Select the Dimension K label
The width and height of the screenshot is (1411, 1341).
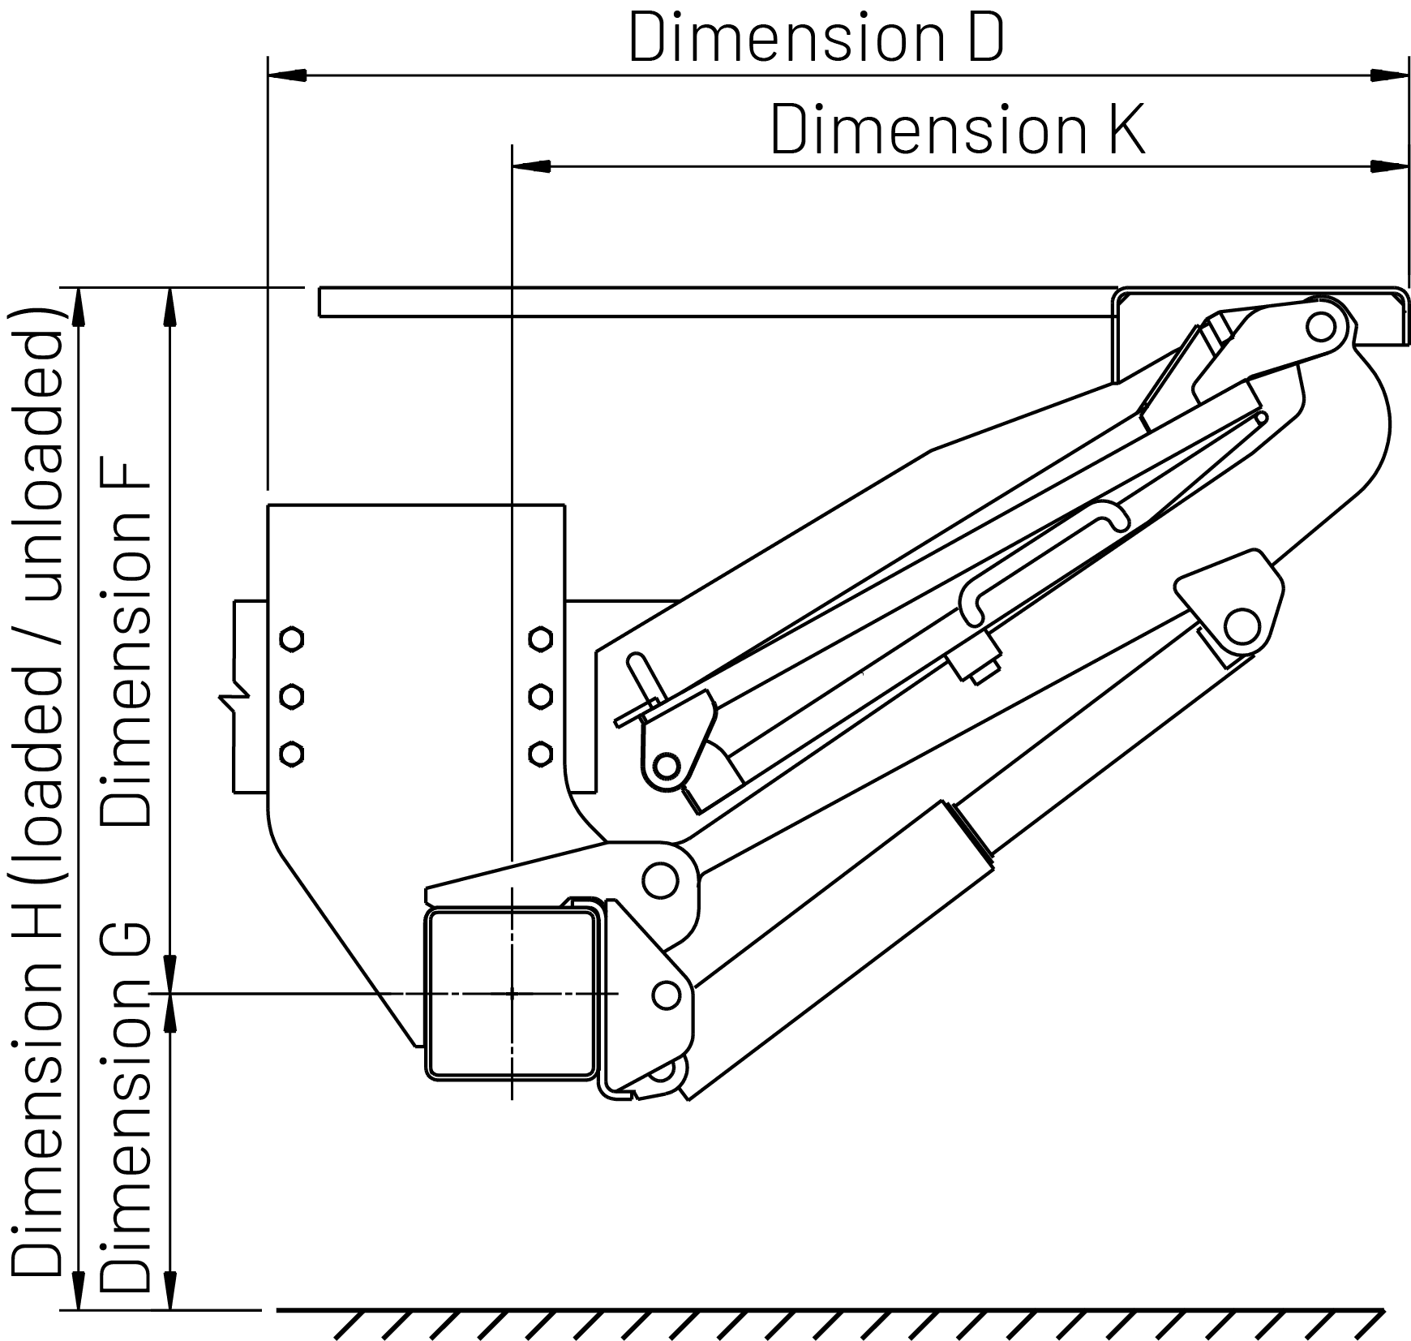tap(958, 129)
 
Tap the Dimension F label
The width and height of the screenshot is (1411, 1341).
tap(125, 646)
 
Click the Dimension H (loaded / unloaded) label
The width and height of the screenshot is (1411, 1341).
tap(36, 790)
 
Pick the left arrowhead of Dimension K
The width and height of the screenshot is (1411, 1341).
tap(532, 166)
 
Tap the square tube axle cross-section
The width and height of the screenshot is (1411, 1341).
tap(512, 994)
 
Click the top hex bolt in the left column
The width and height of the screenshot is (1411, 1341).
tap(292, 638)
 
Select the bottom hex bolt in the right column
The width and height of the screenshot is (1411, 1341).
tap(540, 754)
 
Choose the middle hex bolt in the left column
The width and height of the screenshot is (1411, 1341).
tap(292, 696)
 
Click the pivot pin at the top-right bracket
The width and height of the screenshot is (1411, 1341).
tap(1321, 327)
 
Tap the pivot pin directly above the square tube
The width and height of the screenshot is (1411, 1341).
tap(660, 880)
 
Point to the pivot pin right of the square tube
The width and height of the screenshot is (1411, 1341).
tap(666, 995)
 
